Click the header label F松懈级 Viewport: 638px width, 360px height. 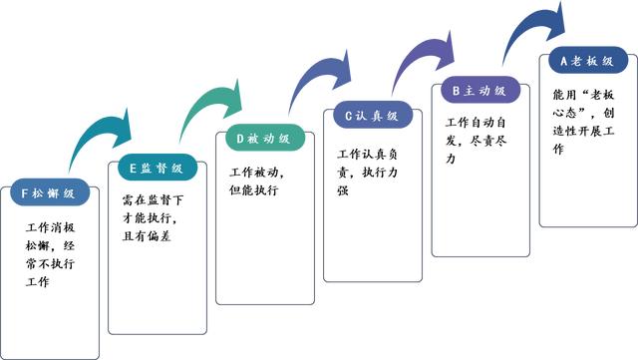(x=51, y=192)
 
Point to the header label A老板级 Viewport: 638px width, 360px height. (x=586, y=62)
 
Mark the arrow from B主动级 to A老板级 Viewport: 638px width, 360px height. (x=528, y=25)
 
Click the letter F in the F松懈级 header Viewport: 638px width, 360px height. (x=25, y=192)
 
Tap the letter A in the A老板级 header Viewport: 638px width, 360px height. (x=564, y=62)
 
